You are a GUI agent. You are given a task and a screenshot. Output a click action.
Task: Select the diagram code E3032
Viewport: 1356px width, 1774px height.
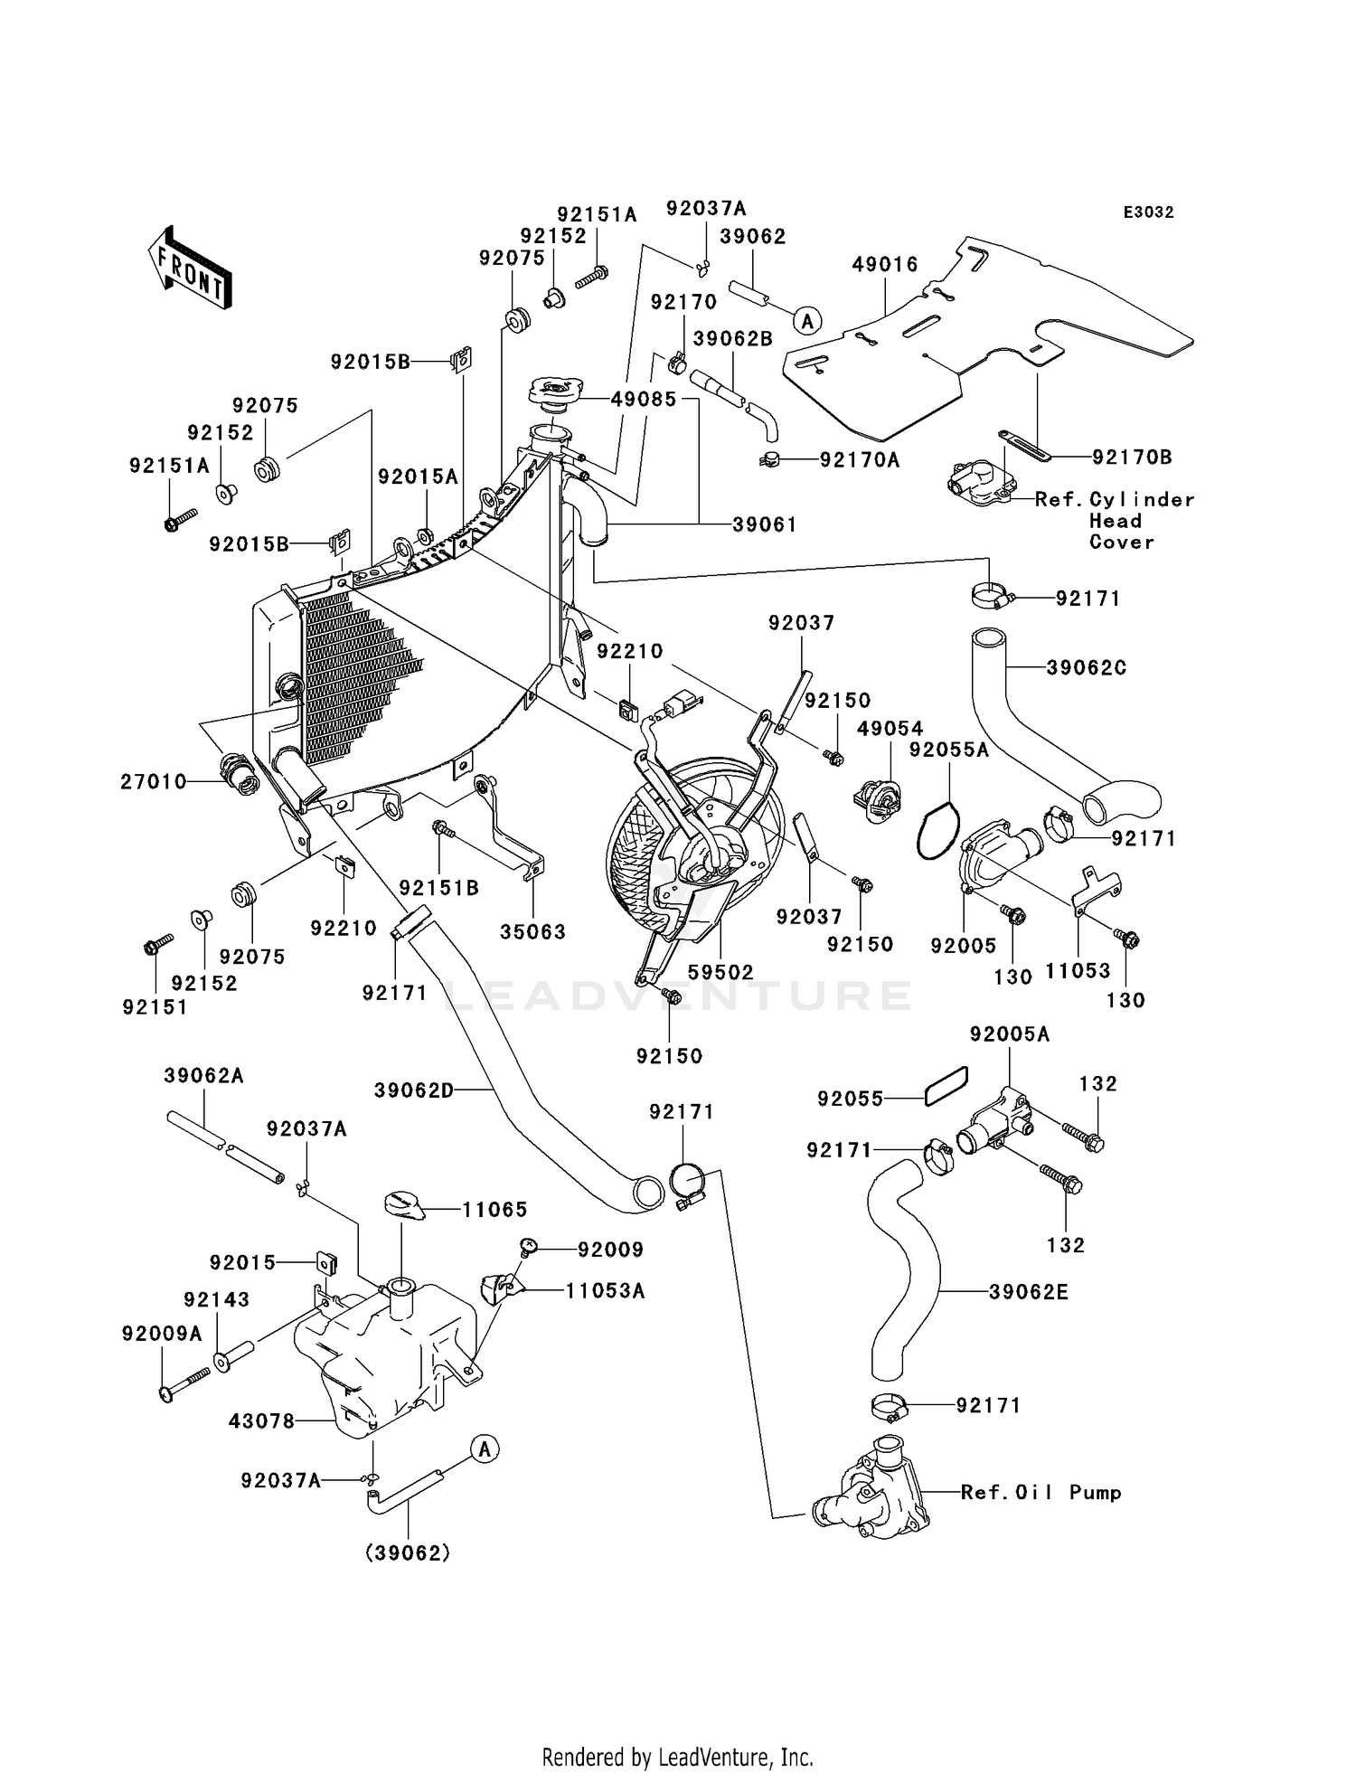click(x=1148, y=212)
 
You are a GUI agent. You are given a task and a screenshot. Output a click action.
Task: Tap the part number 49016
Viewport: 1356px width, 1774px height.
click(x=885, y=265)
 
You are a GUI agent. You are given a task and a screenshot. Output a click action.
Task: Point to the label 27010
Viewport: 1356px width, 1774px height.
click(x=154, y=781)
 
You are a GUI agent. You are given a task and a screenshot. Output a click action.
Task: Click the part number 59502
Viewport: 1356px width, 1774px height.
click(x=720, y=972)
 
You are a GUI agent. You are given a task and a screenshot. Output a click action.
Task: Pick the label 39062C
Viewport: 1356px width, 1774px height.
click(x=1087, y=668)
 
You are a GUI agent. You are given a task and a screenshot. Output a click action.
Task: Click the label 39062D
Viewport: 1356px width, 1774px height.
click(x=414, y=1091)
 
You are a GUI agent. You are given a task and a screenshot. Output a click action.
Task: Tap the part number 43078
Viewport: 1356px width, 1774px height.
click(x=262, y=1421)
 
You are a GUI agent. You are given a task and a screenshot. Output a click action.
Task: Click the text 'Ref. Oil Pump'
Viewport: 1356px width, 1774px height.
click(x=1041, y=1493)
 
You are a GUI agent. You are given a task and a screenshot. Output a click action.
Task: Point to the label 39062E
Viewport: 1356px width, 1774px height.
click(x=1029, y=1293)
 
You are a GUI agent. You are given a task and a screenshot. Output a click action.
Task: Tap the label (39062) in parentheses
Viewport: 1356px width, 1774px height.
click(x=408, y=1553)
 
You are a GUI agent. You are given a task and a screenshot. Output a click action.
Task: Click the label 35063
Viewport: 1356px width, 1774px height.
click(x=533, y=932)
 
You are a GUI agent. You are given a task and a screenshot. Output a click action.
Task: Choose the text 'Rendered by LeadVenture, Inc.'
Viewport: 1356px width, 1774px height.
click(x=678, y=1757)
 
